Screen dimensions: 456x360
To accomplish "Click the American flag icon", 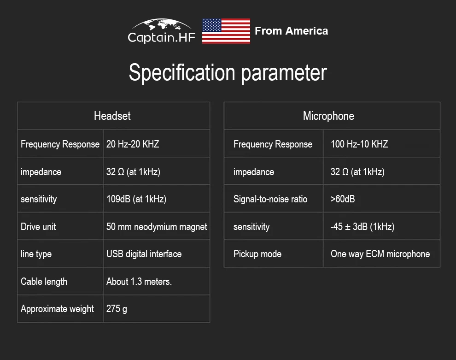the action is [x=226, y=31].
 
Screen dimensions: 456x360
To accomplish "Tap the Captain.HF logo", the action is [x=161, y=31].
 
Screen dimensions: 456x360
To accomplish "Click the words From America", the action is [x=292, y=31].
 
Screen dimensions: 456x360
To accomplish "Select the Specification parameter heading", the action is [x=228, y=72].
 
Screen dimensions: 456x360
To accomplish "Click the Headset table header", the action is [x=112, y=116].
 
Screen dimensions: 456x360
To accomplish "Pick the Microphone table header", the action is [x=328, y=116].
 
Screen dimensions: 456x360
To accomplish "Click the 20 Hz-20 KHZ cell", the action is [x=133, y=144].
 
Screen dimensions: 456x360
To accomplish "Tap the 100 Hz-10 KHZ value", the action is [x=359, y=144].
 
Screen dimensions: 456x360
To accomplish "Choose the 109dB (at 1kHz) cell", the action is [x=136, y=199].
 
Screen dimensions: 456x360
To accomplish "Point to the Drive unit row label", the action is [x=38, y=226].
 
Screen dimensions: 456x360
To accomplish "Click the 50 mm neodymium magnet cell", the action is [x=157, y=227].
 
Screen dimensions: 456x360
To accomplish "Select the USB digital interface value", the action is [x=144, y=254].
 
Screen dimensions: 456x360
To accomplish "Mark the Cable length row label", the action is [x=44, y=282].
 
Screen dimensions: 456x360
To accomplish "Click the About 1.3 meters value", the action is [x=139, y=282].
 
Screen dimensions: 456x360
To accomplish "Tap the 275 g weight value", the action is [x=117, y=309].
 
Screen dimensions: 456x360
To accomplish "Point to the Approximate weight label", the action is [x=57, y=309].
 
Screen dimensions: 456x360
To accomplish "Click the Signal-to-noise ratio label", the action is [x=270, y=199].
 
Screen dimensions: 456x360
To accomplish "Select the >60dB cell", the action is [x=343, y=199].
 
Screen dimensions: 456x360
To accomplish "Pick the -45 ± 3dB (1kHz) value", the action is [x=362, y=226].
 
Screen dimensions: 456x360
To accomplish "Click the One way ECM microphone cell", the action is [x=380, y=254].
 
